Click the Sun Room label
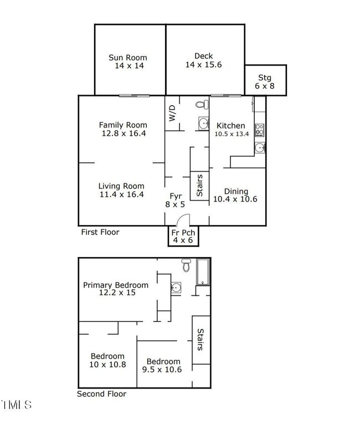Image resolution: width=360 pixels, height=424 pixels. click(x=128, y=58)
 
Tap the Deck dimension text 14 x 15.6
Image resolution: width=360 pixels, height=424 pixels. click(x=203, y=65)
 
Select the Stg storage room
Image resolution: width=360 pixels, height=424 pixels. click(x=266, y=80)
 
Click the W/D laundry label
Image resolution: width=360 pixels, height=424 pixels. click(x=172, y=113)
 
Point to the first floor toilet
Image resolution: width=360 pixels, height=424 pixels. click(x=202, y=104)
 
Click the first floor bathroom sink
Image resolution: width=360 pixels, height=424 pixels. click(x=203, y=124)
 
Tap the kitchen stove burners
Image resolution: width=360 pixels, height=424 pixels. click(x=260, y=130)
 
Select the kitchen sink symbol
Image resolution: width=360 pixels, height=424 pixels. click(x=260, y=148)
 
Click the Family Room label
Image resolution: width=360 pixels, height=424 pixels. click(x=123, y=125)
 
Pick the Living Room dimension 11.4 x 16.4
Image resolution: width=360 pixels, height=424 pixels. click(x=122, y=195)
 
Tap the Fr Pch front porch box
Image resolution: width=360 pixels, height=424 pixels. click(x=183, y=236)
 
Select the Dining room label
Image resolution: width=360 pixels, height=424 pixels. click(x=236, y=191)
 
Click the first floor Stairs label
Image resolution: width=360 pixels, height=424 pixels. click(x=199, y=186)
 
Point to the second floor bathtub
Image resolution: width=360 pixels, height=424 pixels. click(x=203, y=272)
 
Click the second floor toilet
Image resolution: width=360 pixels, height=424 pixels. click(x=186, y=265)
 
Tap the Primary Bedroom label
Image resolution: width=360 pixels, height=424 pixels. click(x=116, y=285)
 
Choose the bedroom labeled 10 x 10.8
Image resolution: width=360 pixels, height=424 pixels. click(x=107, y=360)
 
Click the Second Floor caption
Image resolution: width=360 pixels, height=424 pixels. click(x=101, y=394)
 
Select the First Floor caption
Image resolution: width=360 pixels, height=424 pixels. click(x=100, y=232)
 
